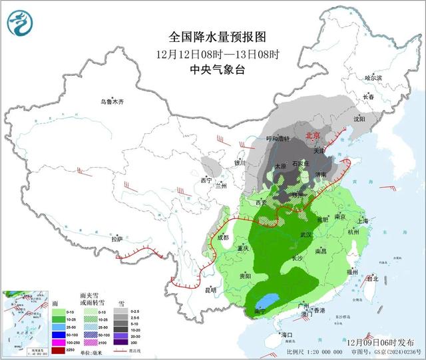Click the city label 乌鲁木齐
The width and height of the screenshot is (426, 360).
(x=112, y=102)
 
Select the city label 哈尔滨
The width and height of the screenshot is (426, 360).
(x=373, y=78)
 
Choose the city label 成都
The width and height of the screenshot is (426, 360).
(x=222, y=236)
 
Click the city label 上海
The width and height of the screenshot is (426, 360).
(x=363, y=221)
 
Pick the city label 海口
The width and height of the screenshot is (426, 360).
(x=287, y=334)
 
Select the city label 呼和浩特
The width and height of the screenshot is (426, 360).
(x=279, y=138)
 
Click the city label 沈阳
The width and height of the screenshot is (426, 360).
(x=360, y=119)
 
